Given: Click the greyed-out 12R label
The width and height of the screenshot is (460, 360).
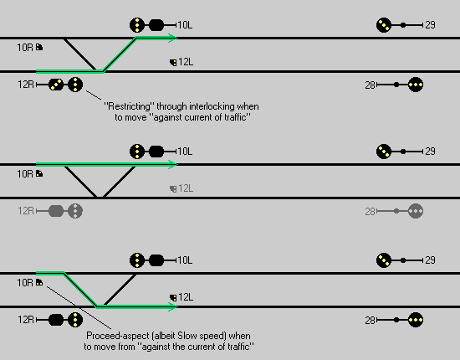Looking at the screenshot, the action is click(x=26, y=211).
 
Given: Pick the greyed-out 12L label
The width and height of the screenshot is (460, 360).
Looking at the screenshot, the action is click(x=186, y=188).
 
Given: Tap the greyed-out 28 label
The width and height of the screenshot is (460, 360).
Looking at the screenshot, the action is click(x=371, y=212).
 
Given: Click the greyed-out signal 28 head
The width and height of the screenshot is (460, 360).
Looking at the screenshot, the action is click(x=416, y=211).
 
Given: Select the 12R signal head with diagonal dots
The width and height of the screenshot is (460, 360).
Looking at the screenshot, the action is click(x=56, y=85).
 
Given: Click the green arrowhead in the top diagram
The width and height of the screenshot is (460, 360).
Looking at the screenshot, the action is click(x=172, y=38).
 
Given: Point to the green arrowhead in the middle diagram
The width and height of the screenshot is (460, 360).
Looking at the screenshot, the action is click(x=172, y=164).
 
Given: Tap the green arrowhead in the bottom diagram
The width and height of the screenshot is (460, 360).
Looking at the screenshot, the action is click(x=172, y=307).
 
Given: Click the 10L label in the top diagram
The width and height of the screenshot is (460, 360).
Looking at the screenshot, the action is click(x=185, y=25).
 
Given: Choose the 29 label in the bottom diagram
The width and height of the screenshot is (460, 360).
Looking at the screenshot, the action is click(x=430, y=260).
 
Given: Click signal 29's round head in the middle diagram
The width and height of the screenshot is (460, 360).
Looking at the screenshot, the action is click(x=384, y=152).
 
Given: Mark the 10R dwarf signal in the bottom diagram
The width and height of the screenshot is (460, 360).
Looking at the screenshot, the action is click(x=39, y=282).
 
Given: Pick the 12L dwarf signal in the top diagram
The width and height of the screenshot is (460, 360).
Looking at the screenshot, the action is click(x=173, y=63).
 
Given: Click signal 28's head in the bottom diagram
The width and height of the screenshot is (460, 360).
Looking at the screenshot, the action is click(x=416, y=320).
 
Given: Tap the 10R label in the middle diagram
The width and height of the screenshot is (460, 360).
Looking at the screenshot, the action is click(x=25, y=174).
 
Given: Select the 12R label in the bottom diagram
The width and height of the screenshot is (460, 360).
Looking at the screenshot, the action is click(x=26, y=320).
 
